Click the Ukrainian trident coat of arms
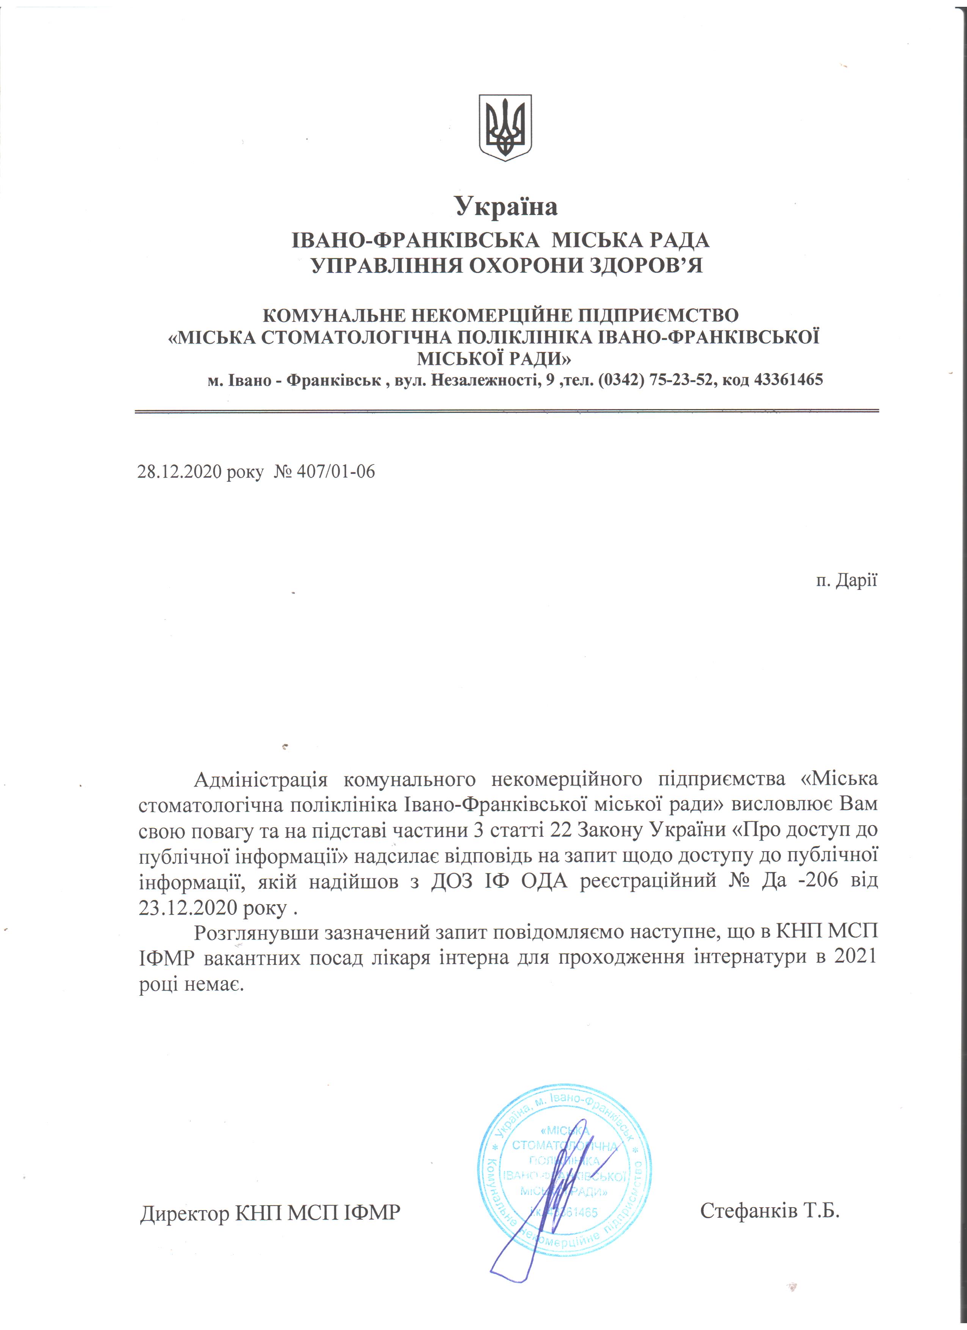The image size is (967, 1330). coord(505,128)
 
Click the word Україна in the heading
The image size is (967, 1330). coord(506,207)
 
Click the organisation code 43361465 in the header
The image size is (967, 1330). coord(788,380)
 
